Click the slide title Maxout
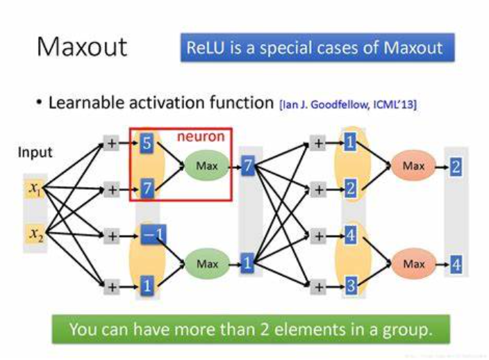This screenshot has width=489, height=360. [x=81, y=47]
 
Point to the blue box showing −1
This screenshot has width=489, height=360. [x=147, y=237]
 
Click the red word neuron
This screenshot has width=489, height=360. [x=201, y=137]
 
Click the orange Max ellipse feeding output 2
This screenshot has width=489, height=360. [x=413, y=166]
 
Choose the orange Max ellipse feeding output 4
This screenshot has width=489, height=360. [x=413, y=264]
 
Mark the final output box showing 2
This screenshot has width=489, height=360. [x=456, y=167]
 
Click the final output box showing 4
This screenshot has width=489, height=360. [x=456, y=265]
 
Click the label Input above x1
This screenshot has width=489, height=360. [x=35, y=153]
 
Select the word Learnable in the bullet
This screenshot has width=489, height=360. [x=82, y=104]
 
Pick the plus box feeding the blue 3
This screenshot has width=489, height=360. [x=318, y=286]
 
